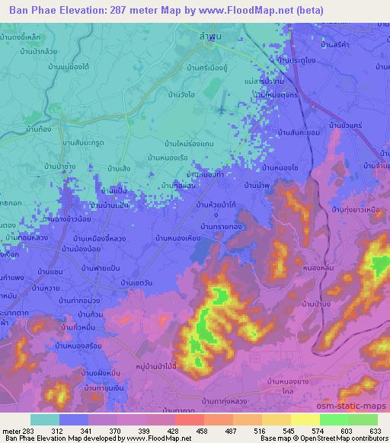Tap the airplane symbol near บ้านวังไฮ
click(222, 110)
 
